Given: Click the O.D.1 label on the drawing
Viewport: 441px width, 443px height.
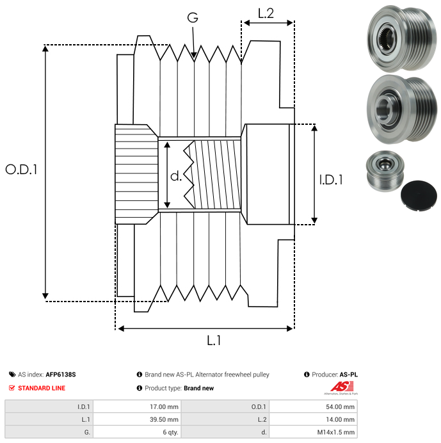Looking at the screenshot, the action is tap(21, 170).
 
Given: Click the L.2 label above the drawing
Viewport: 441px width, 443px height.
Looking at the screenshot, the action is tap(266, 13).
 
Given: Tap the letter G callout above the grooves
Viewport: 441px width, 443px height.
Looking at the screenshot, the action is tap(193, 17).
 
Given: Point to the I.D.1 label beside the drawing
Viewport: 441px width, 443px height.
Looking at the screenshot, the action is tap(331, 180).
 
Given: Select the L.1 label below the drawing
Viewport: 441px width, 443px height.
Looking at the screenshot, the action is tap(214, 341).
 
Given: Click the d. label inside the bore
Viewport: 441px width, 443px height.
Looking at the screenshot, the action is tap(176, 176).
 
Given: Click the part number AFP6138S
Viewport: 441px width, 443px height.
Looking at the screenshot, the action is tap(61, 375).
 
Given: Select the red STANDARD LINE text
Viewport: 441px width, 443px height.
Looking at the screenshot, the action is tap(42, 388).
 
